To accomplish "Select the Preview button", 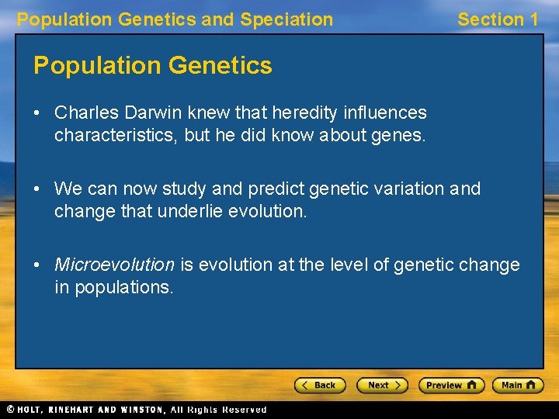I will pos(451,385).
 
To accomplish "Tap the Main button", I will pos(518,385).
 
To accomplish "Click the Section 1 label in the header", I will pos(497,19).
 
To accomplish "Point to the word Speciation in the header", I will pos(286,19).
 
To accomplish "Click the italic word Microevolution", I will pos(114,265).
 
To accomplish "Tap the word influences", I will pos(386,113).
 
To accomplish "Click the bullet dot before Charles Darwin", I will pos(37,113).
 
